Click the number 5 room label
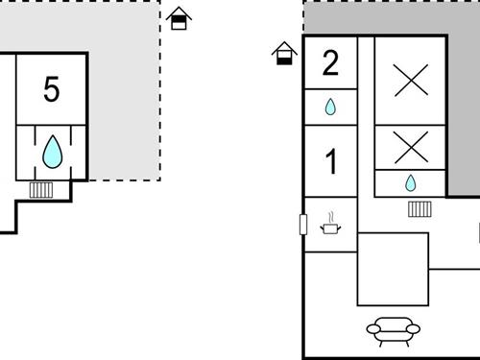[52, 89]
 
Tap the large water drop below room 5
[52, 152]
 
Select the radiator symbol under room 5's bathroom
[41, 189]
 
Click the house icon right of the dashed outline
[179, 19]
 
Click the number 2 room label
[330, 63]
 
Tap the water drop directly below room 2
[330, 108]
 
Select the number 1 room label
[331, 162]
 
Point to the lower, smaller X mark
[410, 147]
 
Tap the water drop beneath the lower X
[410, 182]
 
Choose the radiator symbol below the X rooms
[420, 208]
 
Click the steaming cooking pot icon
[331, 227]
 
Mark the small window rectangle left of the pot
[303, 225]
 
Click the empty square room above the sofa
[393, 269]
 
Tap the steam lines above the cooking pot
[331, 217]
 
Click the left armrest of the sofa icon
[372, 329]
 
